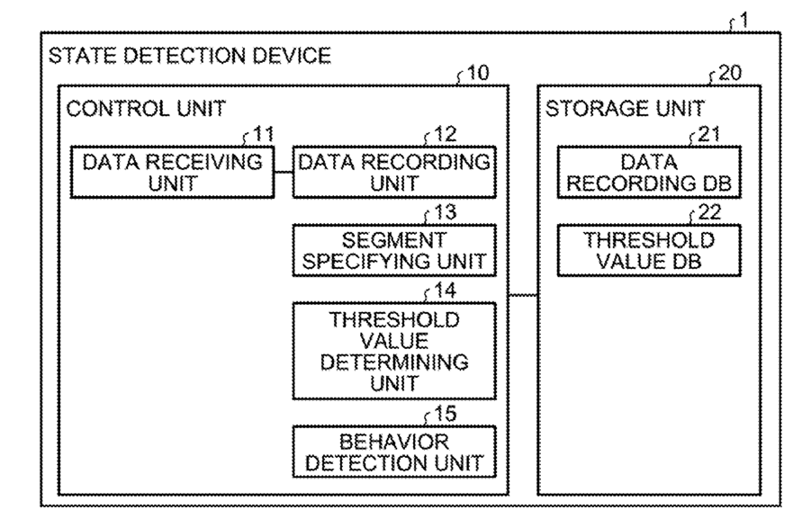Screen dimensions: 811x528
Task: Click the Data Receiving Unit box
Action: tap(172, 172)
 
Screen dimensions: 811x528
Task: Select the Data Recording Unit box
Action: tap(394, 172)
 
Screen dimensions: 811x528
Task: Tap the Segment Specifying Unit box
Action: tap(394, 251)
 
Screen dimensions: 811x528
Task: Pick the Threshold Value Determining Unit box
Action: tap(394, 351)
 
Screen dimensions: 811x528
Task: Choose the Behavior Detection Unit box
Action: tap(394, 452)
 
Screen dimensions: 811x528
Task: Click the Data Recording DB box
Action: tap(649, 172)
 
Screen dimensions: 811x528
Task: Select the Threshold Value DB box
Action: tap(649, 251)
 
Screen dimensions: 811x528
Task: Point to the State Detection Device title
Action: tap(190, 56)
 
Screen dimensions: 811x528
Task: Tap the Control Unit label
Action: tap(147, 109)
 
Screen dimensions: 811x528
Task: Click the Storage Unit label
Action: tap(625, 109)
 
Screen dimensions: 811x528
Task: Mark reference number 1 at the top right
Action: tap(743, 20)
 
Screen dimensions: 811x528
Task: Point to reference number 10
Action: tap(477, 73)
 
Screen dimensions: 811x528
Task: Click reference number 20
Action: tap(730, 73)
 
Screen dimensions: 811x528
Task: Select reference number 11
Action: tap(263, 134)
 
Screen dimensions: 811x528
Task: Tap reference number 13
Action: tap(445, 212)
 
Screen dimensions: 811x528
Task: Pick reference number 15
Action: tap(445, 414)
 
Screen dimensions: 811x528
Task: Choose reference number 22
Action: tap(709, 212)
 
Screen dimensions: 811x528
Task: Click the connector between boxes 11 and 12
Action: tap(284, 172)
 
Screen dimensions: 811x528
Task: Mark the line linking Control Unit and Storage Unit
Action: tap(524, 296)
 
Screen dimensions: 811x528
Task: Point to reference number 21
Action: tap(709, 134)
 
